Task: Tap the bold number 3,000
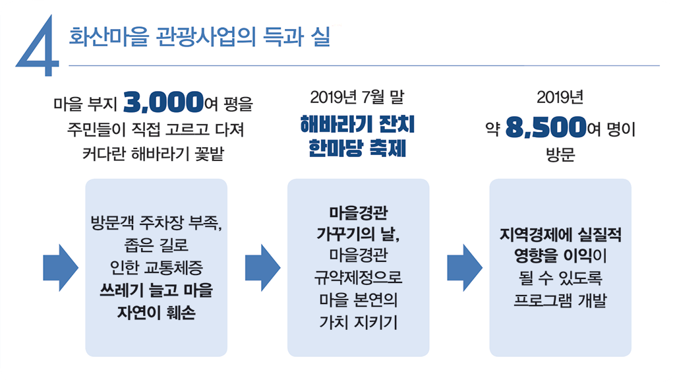tap(162, 103)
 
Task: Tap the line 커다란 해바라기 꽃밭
tap(156, 154)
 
